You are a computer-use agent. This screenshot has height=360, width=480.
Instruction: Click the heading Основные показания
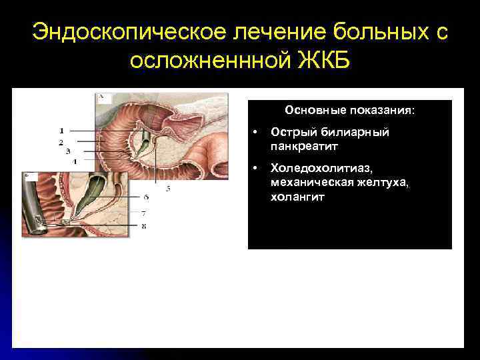tap(349, 109)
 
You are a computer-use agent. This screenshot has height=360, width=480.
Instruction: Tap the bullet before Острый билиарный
tap(257, 132)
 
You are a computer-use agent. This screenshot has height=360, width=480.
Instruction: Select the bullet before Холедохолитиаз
tap(257, 170)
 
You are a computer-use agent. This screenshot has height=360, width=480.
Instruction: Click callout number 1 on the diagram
tap(61, 130)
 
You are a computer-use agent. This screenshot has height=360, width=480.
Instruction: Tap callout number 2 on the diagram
tap(61, 141)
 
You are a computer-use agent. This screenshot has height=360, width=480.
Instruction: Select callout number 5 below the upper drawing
tap(168, 189)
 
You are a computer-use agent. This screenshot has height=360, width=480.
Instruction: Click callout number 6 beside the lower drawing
tap(146, 197)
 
